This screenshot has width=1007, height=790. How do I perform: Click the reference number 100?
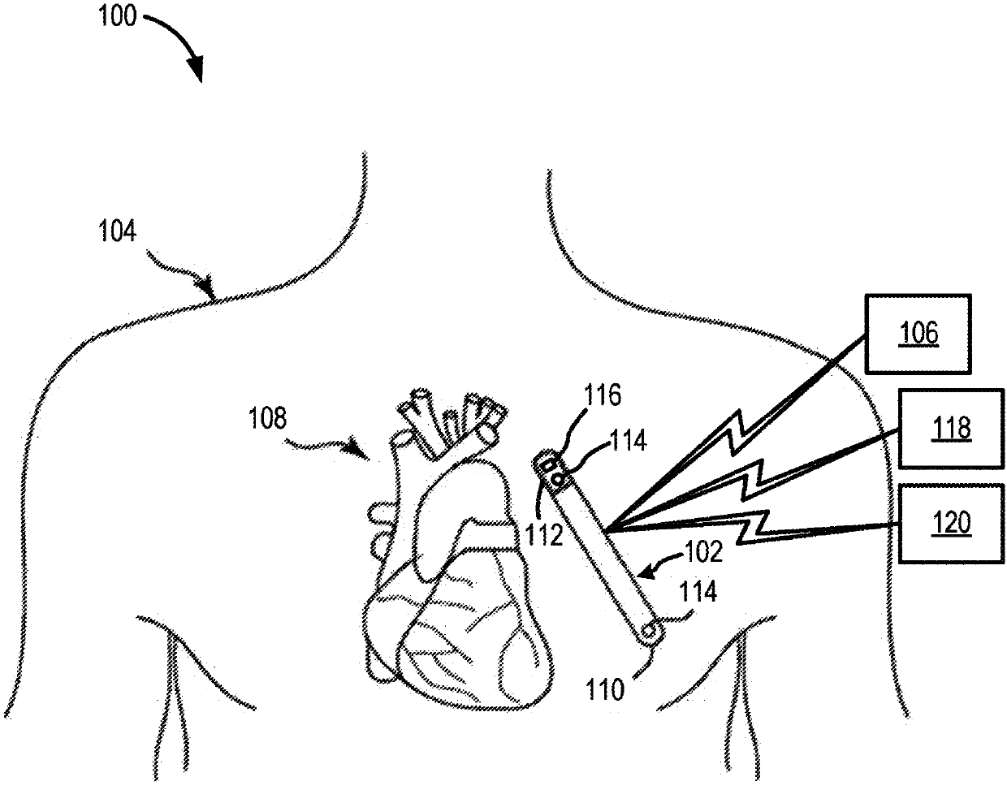click(117, 16)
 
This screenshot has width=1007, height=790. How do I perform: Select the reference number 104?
click(117, 231)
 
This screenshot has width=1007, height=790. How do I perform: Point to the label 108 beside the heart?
click(267, 417)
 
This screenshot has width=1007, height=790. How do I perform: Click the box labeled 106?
click(918, 333)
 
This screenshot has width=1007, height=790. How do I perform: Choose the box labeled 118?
click(952, 429)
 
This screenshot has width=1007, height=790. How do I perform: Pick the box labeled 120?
click(952, 524)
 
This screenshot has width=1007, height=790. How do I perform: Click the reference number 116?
click(602, 395)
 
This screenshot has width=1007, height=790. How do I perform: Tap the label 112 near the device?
click(544, 535)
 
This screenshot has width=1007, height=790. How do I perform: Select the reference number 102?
click(703, 552)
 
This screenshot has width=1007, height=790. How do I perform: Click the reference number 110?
click(605, 690)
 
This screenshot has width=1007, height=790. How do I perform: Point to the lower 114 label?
click(698, 592)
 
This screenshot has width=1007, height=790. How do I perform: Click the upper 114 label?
click(628, 440)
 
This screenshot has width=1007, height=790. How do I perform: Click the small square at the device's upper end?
click(547, 464)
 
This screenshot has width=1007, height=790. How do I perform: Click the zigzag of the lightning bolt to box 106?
click(739, 432)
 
